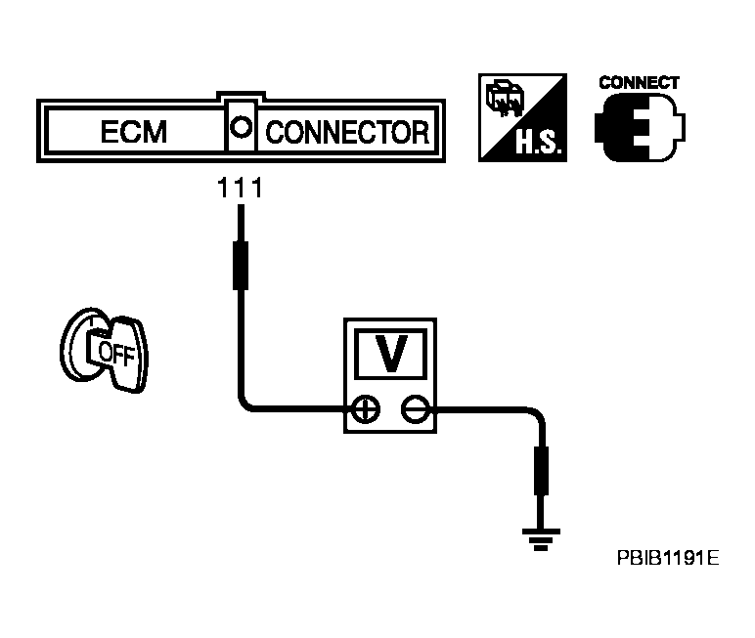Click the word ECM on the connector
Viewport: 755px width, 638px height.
[x=133, y=131]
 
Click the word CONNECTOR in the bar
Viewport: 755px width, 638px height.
[x=347, y=132]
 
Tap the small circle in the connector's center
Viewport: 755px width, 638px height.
[x=241, y=128]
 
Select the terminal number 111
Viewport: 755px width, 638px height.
[x=240, y=188]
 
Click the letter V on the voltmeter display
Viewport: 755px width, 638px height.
[x=390, y=353]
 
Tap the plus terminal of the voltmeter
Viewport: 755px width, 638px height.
[x=366, y=409]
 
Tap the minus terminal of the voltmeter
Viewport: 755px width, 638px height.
[x=416, y=409]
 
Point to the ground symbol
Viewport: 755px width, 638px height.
[x=541, y=540]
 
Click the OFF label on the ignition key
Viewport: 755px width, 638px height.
[x=116, y=354]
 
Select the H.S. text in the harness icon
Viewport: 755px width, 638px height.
[x=538, y=143]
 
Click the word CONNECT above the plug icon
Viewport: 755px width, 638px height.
[x=639, y=83]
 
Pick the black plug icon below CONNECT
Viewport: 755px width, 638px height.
[x=640, y=128]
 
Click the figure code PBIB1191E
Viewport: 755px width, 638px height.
[x=668, y=558]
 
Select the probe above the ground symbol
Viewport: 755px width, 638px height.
[x=541, y=471]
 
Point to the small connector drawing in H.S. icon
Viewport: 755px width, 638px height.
[x=505, y=100]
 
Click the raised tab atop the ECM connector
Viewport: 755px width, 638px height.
[x=241, y=96]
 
